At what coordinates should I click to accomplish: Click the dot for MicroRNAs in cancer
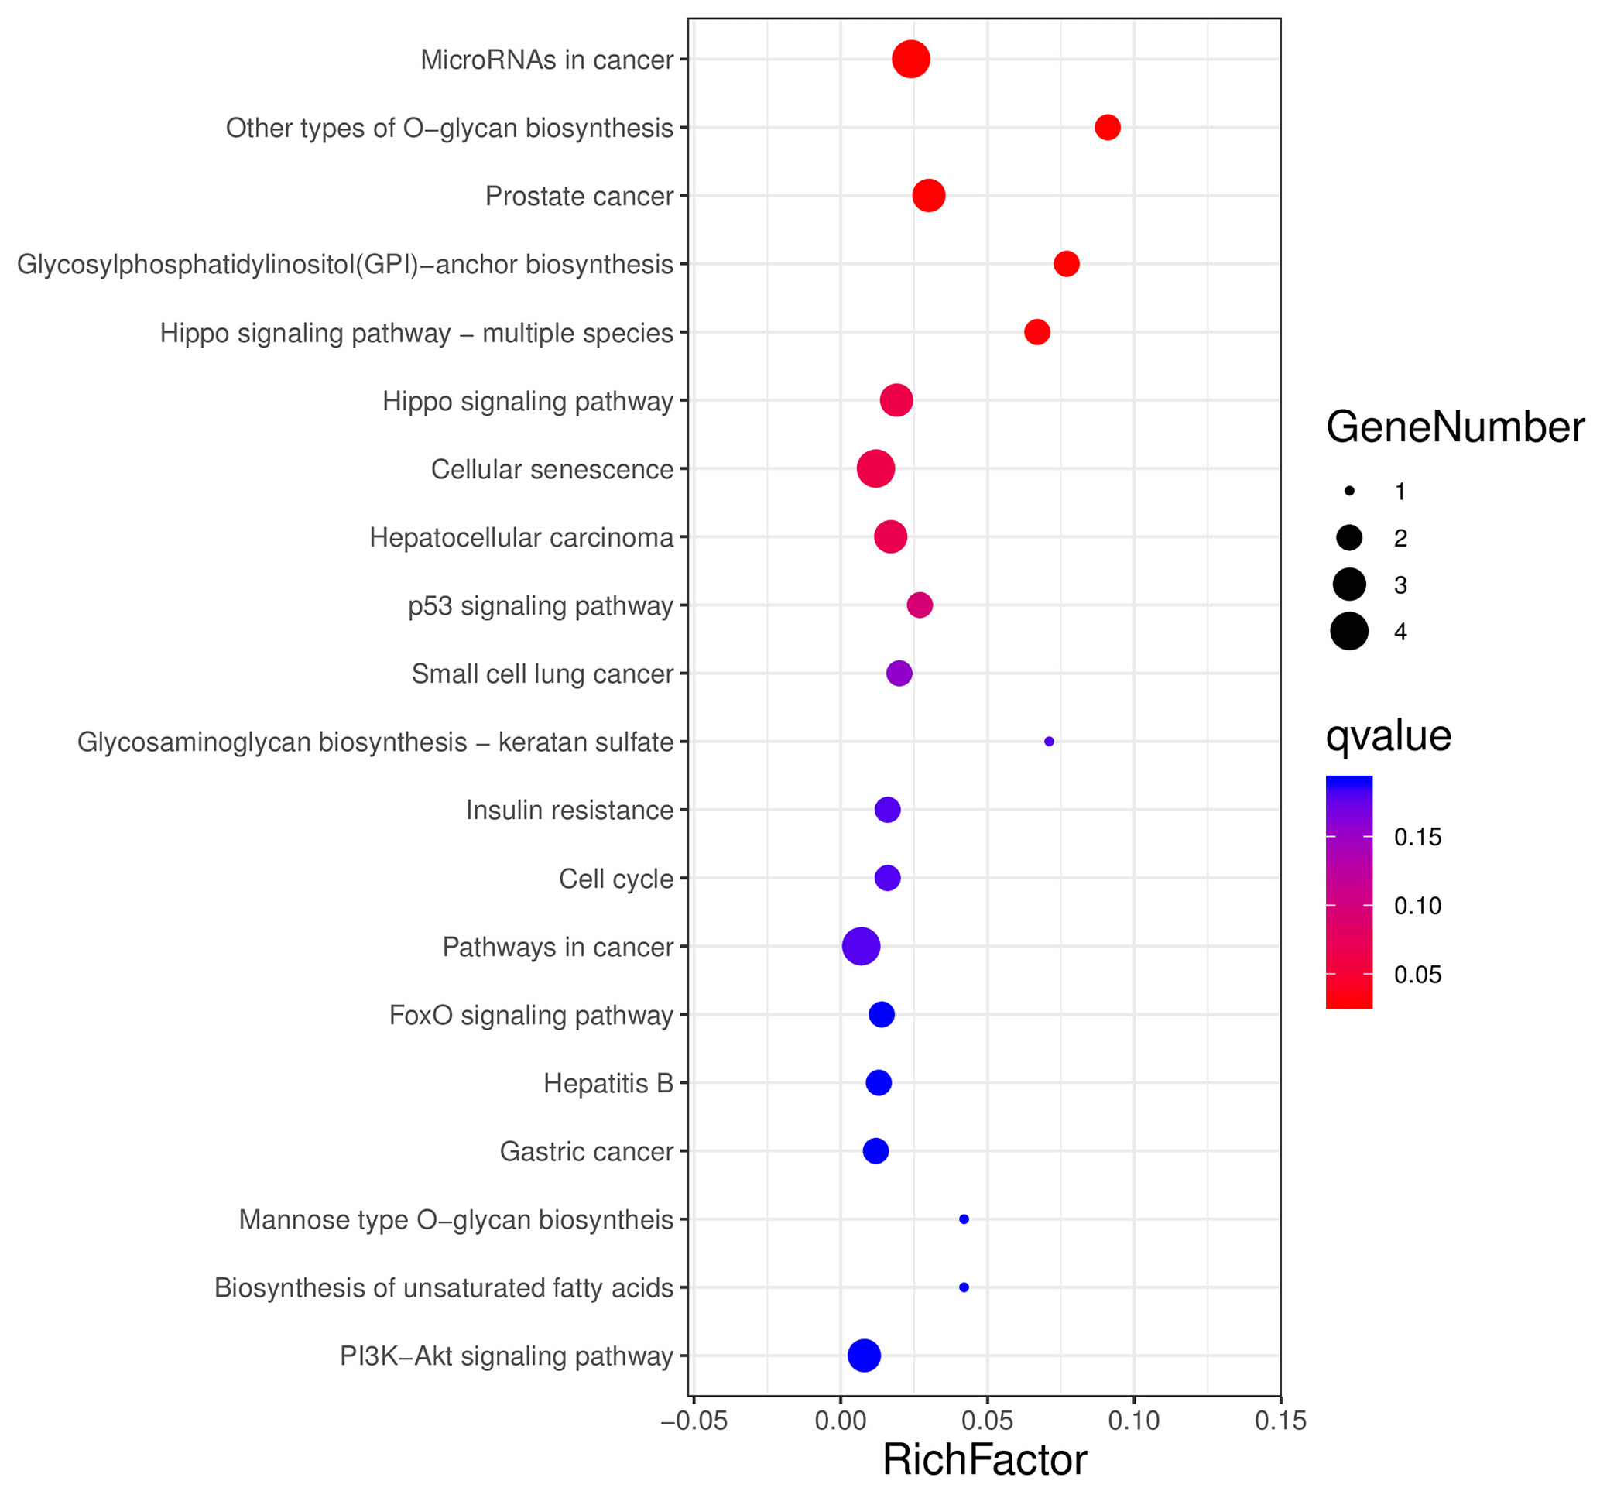911,60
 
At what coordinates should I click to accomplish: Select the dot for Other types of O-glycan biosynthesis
1108,127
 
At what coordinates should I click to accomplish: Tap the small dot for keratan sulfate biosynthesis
1049,742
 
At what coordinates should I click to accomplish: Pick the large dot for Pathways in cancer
862,946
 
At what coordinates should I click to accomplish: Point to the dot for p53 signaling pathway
920,605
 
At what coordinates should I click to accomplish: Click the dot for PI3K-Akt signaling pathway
865,1356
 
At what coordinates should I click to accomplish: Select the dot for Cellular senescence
875,468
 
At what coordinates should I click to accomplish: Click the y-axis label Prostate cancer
579,197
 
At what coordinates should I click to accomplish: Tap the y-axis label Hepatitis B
608,1084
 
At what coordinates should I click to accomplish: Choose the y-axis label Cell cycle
615,879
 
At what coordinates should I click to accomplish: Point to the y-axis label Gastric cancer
586,1152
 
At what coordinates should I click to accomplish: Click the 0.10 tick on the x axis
1134,1421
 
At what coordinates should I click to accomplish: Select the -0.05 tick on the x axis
694,1421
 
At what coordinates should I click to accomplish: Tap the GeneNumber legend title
1455,427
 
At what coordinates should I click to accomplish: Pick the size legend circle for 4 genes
1350,630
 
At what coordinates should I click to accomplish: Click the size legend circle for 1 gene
1350,491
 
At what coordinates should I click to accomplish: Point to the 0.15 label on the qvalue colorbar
1417,838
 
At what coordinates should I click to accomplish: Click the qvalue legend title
1389,736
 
